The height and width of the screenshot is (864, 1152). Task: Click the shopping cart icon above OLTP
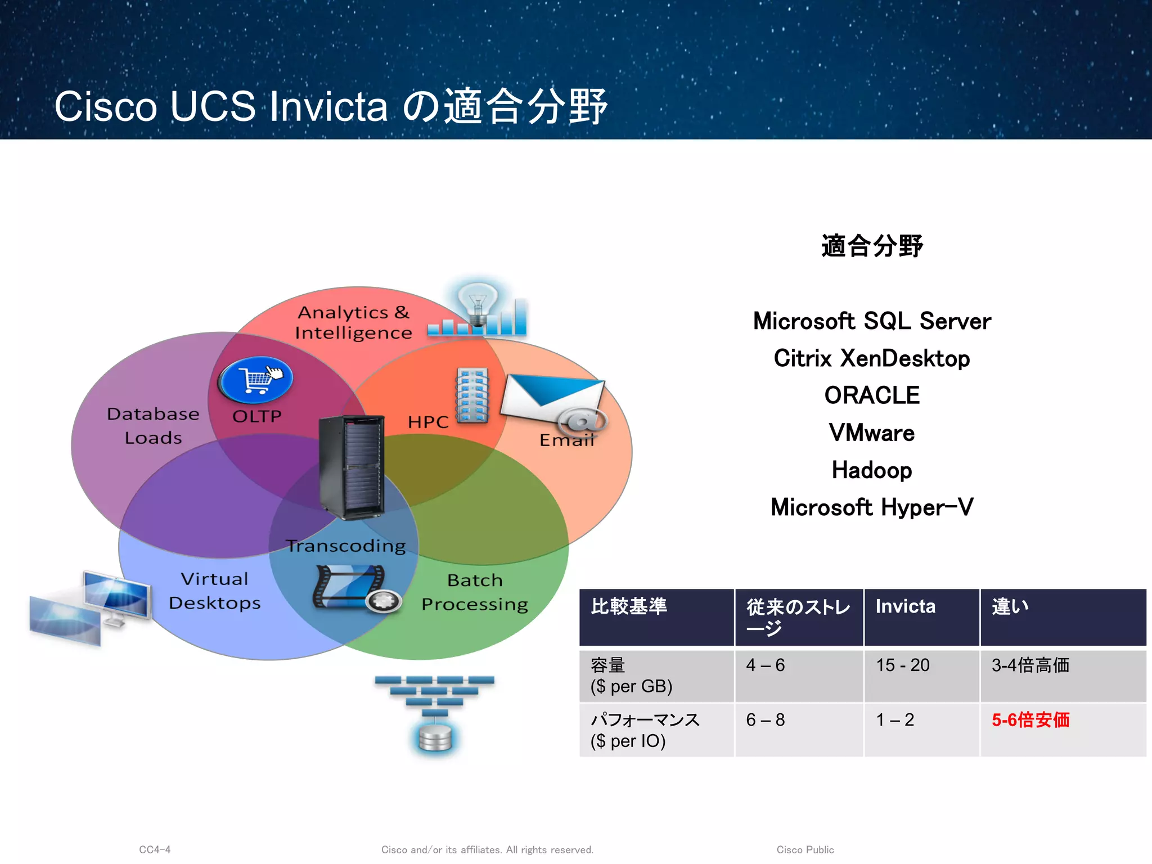pyautogui.click(x=256, y=379)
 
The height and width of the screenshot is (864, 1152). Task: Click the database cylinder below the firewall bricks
pyautogui.click(x=435, y=737)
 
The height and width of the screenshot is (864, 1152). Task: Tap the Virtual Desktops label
pyautogui.click(x=214, y=591)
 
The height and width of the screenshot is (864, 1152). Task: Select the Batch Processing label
pyautogui.click(x=475, y=592)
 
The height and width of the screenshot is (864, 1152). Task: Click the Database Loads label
pyautogui.click(x=153, y=425)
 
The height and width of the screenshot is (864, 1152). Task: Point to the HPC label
pyautogui.click(x=428, y=422)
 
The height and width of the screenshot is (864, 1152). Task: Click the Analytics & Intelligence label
pyautogui.click(x=354, y=322)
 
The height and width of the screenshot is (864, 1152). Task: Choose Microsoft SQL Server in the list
pyautogui.click(x=871, y=321)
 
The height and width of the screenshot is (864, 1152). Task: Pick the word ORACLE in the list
pyautogui.click(x=871, y=395)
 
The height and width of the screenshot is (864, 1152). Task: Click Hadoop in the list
pyautogui.click(x=871, y=470)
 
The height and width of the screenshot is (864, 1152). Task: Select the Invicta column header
pyautogui.click(x=905, y=606)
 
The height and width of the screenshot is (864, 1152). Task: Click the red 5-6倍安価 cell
pyautogui.click(x=1030, y=720)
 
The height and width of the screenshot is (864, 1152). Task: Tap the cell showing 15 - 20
pyautogui.click(x=903, y=665)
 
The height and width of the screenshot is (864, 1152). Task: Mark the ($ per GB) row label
pyautogui.click(x=631, y=686)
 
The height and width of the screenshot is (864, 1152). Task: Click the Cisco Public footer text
pyautogui.click(x=805, y=849)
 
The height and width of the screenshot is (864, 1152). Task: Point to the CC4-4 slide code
pyautogui.click(x=155, y=849)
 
